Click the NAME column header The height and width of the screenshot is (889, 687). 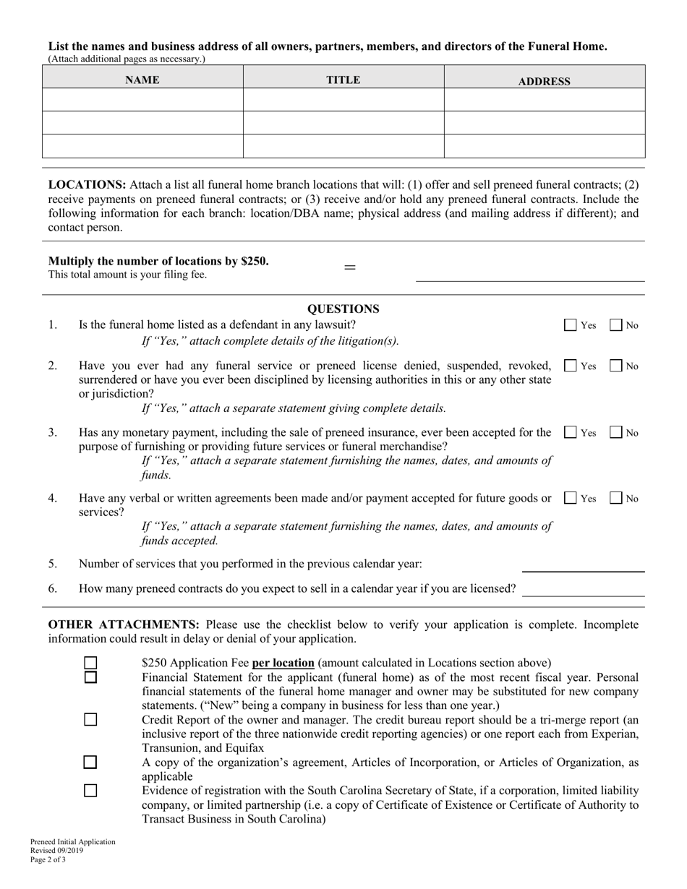(142, 80)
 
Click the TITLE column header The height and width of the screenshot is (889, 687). (343, 80)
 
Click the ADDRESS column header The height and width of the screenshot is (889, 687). (544, 82)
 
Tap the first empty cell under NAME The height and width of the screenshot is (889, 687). (142, 100)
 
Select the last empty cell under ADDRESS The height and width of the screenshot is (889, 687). (544, 146)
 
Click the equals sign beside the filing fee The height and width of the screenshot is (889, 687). (349, 267)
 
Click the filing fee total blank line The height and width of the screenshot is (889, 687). (529, 275)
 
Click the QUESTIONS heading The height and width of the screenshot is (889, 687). (343, 309)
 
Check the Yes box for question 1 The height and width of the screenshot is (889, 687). (570, 325)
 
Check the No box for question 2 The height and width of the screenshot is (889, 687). (615, 366)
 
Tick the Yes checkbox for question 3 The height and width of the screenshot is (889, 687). (570, 433)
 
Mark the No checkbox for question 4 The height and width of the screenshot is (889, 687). (615, 498)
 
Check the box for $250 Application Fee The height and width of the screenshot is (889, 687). (90, 663)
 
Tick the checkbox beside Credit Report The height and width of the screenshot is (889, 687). (90, 720)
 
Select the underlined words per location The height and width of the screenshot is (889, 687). (283, 663)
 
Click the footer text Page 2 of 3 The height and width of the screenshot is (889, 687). (48, 859)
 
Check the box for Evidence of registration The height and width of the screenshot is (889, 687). (90, 791)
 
